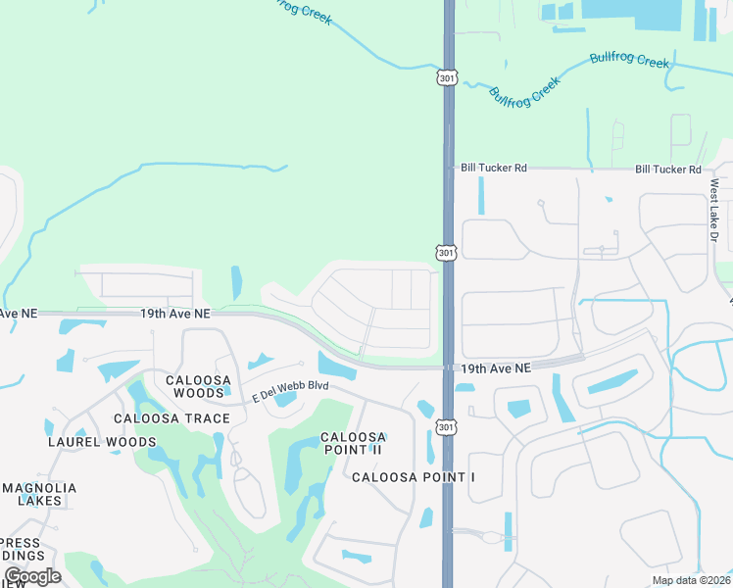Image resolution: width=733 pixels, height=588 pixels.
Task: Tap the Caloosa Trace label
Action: tap(171, 418)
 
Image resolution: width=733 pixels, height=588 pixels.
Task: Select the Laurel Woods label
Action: tap(102, 442)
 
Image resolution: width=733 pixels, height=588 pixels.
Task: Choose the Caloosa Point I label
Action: tap(413, 477)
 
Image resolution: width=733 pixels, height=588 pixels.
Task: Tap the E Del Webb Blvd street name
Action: tap(290, 390)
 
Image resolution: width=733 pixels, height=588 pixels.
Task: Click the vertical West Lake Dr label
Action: tap(714, 212)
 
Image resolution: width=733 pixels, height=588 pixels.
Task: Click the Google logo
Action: tap(31, 576)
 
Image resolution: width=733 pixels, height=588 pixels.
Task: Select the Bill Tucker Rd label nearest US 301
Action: tap(494, 169)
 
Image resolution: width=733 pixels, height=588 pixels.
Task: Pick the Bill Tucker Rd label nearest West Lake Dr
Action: tap(668, 170)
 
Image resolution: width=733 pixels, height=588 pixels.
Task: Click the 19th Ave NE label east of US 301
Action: tap(496, 367)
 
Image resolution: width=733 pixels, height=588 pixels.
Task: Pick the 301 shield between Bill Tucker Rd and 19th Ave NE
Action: tap(447, 253)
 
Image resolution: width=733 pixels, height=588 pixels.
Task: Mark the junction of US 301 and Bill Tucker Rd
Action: tap(449, 169)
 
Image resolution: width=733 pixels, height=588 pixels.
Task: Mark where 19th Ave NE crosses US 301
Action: tap(449, 367)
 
